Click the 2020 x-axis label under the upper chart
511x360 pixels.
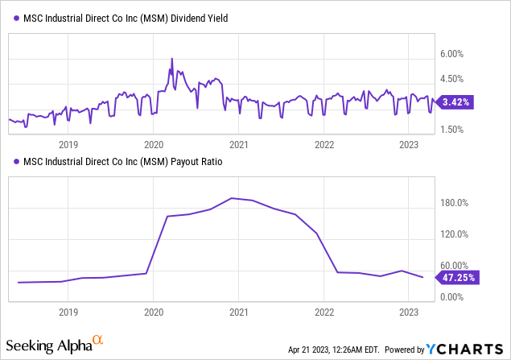(x=154, y=145)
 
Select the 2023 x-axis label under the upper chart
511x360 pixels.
(x=409, y=145)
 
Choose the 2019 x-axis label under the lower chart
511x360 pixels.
(x=68, y=311)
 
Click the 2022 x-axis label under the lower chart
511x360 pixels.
(x=323, y=311)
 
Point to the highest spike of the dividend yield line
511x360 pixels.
(x=171, y=59)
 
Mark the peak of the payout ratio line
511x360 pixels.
(x=233, y=198)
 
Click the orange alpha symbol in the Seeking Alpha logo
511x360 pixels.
(x=98, y=341)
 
